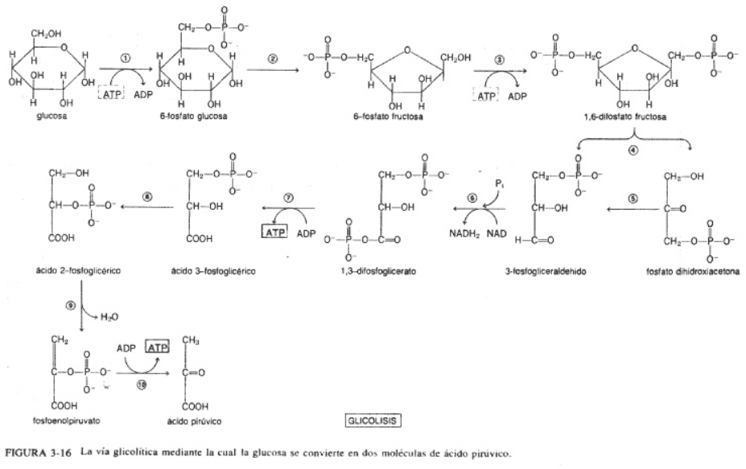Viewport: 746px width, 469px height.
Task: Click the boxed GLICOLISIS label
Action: pos(373,420)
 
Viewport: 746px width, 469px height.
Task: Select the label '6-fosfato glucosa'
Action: pos(193,116)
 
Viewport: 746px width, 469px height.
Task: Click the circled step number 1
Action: pos(126,58)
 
